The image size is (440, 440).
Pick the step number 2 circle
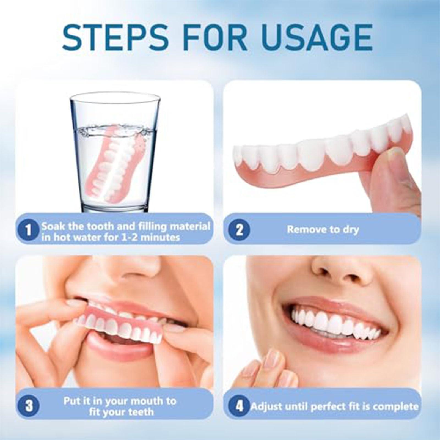click(239, 229)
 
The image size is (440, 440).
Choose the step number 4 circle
click(239, 406)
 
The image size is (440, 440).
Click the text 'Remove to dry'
click(323, 229)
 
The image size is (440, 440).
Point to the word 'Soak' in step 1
click(53, 226)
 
